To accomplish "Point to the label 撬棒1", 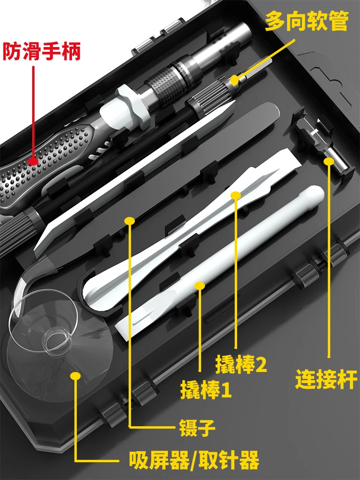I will (x=206, y=389).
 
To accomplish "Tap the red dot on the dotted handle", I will (x=33, y=161).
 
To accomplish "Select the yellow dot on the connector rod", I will (x=329, y=161).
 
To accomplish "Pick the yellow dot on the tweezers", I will (x=129, y=220).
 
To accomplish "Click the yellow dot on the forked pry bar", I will (x=235, y=195).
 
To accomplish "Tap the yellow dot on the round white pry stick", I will (x=200, y=286).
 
